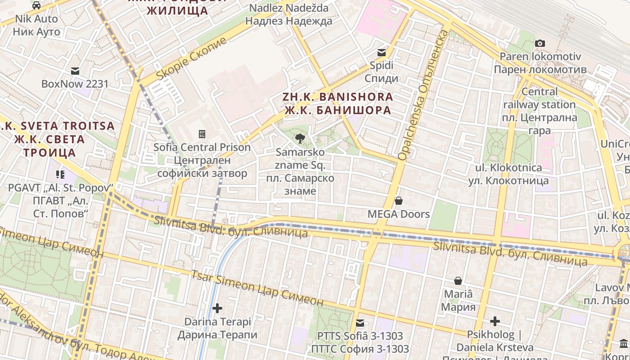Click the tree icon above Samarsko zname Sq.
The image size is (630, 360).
point(300,139)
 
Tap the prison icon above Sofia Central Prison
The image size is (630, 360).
point(202,134)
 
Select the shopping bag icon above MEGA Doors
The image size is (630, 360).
point(398,201)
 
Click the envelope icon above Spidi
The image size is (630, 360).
point(382,53)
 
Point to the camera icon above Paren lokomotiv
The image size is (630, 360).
point(540,44)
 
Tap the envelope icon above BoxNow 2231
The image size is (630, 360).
point(75,71)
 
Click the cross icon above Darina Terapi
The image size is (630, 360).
point(217,308)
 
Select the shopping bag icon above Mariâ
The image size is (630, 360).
point(458,281)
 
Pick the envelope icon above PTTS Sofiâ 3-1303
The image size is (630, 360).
point(360,323)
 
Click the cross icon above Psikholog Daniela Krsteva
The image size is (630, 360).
point(495,321)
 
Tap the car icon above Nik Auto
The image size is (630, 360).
point(36,5)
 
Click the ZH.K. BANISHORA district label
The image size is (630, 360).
point(337,103)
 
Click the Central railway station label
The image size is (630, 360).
point(539,111)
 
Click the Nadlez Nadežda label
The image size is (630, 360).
point(288,14)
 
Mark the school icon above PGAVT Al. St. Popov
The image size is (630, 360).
point(60,174)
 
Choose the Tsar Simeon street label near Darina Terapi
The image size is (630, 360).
point(257,288)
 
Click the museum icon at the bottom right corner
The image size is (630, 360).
point(624,344)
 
